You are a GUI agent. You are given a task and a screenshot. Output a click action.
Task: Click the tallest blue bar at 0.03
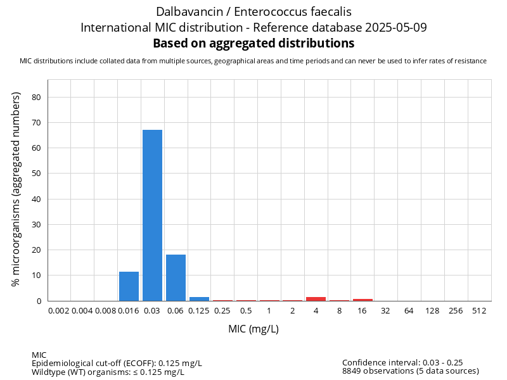(152, 215)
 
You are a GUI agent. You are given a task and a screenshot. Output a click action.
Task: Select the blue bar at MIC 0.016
(129, 286)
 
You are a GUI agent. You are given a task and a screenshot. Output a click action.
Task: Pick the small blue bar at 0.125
(199, 299)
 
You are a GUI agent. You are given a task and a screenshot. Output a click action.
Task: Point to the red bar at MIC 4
(316, 299)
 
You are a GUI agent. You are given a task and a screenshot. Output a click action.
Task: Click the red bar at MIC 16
(363, 300)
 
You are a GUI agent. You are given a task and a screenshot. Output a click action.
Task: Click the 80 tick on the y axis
(37, 98)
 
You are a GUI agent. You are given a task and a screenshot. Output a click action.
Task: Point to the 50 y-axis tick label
(37, 174)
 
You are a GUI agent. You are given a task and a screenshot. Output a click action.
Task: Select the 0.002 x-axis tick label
(58, 312)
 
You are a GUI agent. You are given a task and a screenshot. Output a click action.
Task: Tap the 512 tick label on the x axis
(479, 312)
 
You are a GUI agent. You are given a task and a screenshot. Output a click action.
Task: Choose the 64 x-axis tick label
(409, 312)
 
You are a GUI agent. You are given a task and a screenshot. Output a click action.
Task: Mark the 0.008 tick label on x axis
(105, 312)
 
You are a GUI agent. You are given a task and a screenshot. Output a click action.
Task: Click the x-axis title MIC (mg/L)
(253, 329)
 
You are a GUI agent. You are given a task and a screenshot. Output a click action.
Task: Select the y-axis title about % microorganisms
(16, 189)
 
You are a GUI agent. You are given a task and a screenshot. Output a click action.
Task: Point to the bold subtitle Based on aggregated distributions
(253, 44)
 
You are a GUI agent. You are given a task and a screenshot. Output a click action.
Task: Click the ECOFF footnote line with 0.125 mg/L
(117, 363)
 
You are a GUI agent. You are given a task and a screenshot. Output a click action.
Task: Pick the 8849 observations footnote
(410, 371)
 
